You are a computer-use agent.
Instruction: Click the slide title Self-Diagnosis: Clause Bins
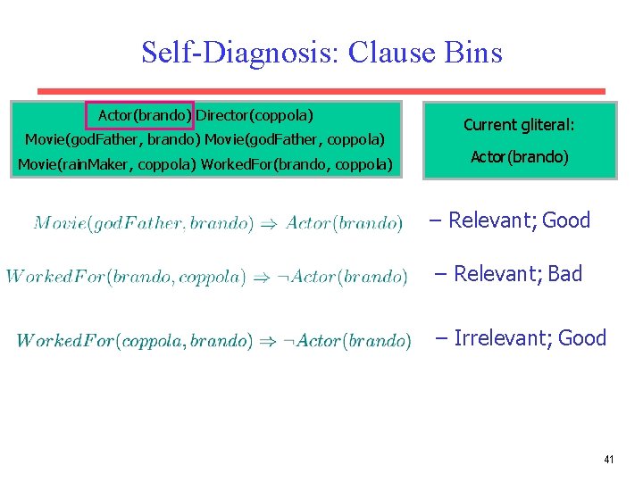point(321,53)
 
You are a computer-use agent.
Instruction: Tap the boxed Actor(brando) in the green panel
point(139,115)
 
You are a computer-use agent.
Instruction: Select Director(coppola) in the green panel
point(255,115)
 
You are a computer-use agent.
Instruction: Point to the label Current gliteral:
point(519,126)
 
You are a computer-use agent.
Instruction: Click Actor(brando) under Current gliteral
point(519,157)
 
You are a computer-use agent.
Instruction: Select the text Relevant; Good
point(518,220)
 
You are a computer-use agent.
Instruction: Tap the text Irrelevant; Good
point(530,338)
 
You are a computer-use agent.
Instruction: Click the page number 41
point(608,459)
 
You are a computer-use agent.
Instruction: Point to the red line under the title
point(321,91)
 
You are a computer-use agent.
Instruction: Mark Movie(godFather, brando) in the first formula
point(143,222)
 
